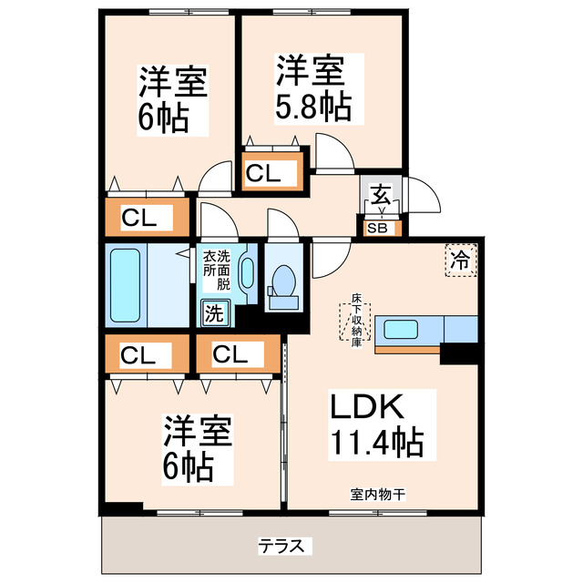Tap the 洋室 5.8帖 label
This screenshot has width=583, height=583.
[312, 88]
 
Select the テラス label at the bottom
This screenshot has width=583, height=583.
[285, 546]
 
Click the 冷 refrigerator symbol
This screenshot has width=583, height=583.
[461, 261]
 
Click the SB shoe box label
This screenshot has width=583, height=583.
[376, 229]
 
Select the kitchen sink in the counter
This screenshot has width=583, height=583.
[403, 329]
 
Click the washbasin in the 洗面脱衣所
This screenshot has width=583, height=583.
[247, 274]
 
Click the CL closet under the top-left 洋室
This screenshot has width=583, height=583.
[147, 218]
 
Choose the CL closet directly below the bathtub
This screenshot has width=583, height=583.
[147, 354]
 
